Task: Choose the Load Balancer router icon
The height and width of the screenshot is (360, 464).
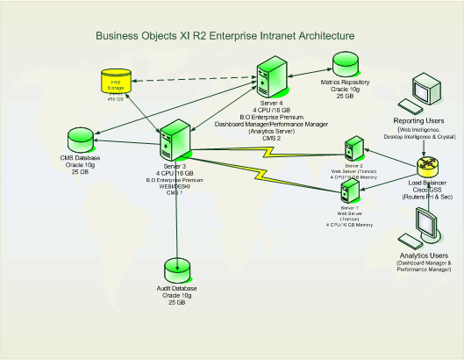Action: [427, 164]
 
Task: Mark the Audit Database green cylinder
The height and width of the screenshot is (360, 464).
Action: [179, 270]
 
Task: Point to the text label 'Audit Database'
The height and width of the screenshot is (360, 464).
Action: [179, 289]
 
